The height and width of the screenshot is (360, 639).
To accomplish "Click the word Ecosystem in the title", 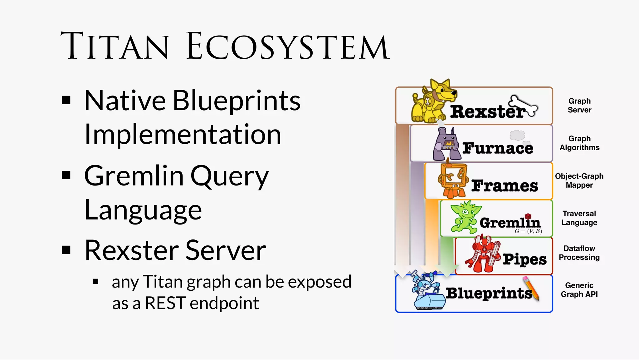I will [x=288, y=46].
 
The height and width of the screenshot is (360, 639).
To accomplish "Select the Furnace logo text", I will [x=497, y=148].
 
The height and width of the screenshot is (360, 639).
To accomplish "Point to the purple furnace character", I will [x=446, y=144].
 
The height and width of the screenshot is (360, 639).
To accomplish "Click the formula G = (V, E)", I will [x=528, y=231].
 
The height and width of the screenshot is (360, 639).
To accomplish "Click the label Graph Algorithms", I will [x=579, y=143].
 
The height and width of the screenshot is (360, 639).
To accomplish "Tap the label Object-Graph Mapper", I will [x=579, y=180].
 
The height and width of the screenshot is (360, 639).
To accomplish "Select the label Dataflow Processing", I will [x=579, y=253].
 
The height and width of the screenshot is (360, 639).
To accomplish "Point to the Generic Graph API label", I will [x=579, y=290].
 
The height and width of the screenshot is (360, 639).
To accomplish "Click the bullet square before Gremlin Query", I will [x=66, y=175].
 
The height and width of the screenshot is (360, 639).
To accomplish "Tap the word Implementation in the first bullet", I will [x=183, y=134].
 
